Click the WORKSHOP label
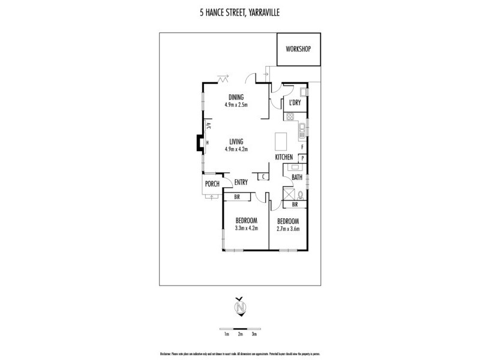[299, 49]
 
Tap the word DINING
[236, 98]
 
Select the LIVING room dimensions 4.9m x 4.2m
[236, 149]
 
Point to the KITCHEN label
[284, 157]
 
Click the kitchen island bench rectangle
[281, 142]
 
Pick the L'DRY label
[295, 103]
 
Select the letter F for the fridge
[302, 146]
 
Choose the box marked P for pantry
[303, 158]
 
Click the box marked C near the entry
[263, 176]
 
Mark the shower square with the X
[287, 193]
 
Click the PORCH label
[212, 184]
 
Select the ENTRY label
[241, 182]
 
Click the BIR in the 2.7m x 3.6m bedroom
[295, 205]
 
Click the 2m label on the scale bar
[240, 334]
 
